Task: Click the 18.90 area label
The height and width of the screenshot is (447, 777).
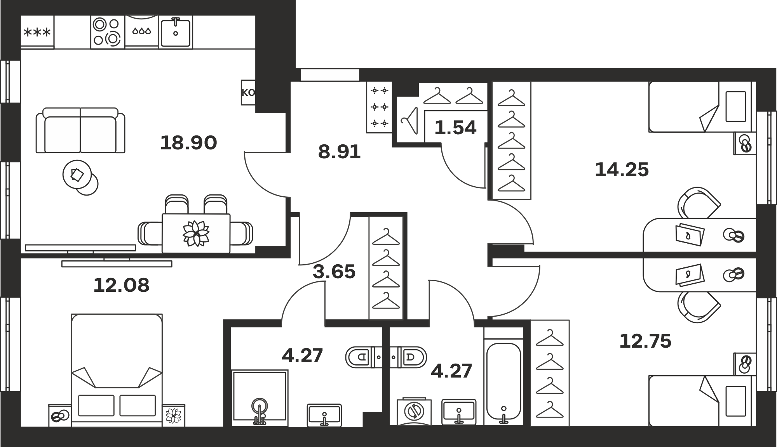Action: tap(188, 143)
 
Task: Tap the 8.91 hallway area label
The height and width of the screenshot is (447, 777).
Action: tap(339, 152)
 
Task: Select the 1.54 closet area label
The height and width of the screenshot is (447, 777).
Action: tap(455, 128)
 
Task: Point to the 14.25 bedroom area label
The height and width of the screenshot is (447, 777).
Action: tap(622, 170)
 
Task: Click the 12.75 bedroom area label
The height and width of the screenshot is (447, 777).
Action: tap(645, 341)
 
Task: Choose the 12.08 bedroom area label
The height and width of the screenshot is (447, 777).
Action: tap(121, 285)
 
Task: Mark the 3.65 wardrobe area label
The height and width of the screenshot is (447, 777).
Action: tap(334, 272)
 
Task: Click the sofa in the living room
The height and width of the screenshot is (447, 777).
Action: tap(80, 130)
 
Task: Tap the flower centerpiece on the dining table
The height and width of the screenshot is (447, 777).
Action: tap(196, 233)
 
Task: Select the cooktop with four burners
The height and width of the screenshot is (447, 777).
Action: tap(108, 32)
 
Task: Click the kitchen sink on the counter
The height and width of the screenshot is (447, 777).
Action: tap(176, 32)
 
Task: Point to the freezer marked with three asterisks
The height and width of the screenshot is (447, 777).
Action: tap(37, 32)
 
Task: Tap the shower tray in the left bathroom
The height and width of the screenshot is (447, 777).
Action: tap(260, 398)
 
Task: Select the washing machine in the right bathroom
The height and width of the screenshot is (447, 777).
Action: tap(414, 411)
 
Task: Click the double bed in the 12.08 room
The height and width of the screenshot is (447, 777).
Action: tap(117, 370)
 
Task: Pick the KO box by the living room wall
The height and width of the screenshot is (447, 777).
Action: tap(248, 92)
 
